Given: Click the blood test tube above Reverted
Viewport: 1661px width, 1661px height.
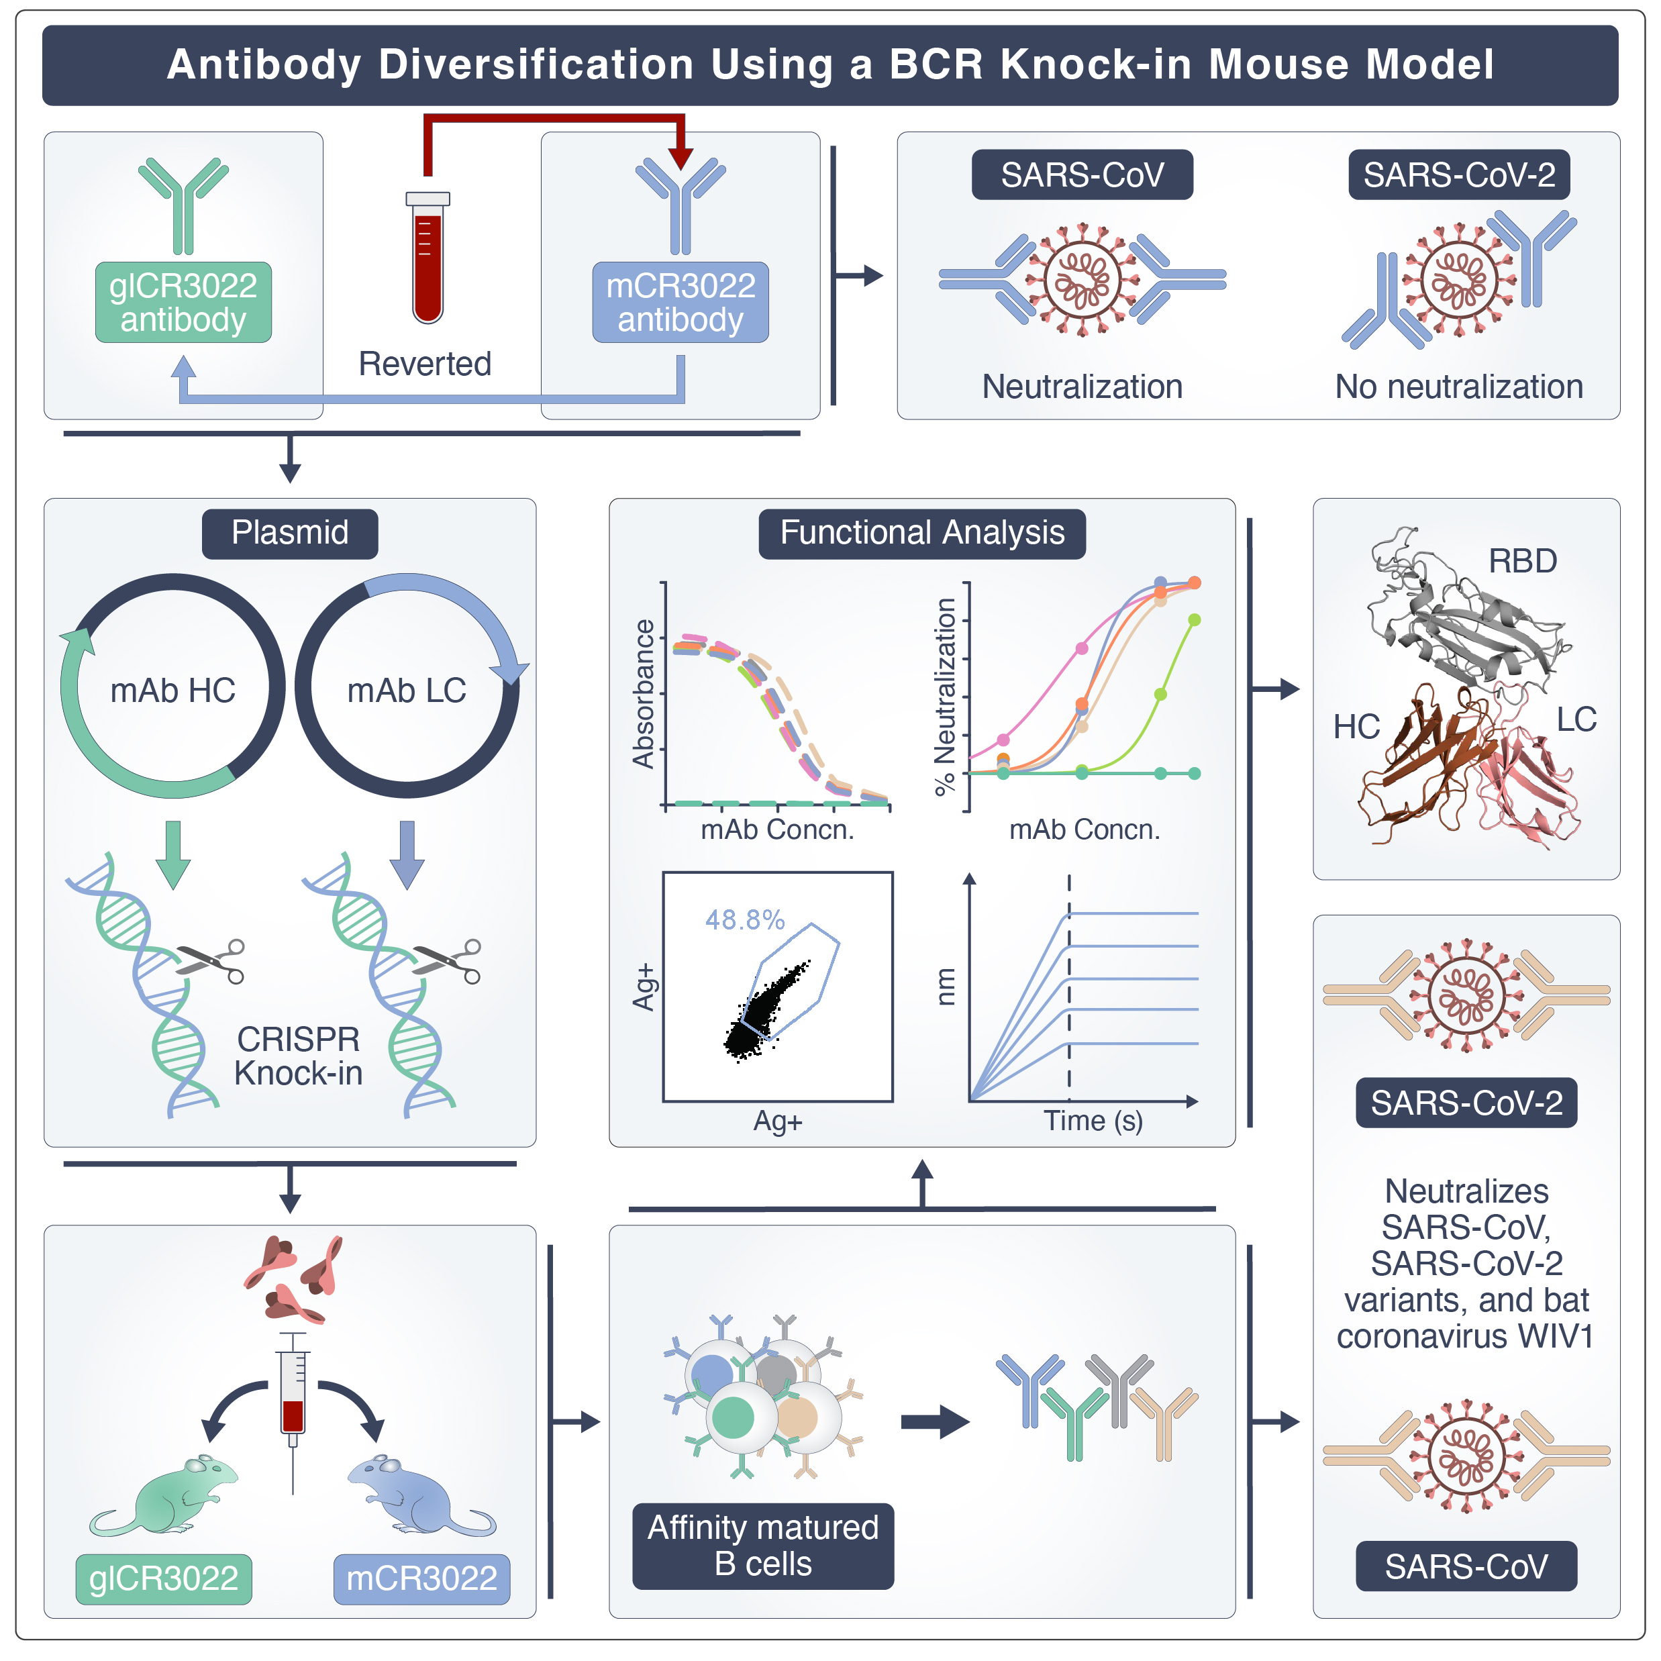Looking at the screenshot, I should pyautogui.click(x=427, y=258).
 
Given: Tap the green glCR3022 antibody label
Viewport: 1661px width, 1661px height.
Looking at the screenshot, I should pyautogui.click(x=183, y=302).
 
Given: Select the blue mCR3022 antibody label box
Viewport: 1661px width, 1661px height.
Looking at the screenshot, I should pyautogui.click(x=680, y=302).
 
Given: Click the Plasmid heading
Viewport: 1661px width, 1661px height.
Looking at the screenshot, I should pyautogui.click(x=290, y=533).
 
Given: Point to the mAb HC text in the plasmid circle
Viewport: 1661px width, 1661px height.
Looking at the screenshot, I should pyautogui.click(x=172, y=691).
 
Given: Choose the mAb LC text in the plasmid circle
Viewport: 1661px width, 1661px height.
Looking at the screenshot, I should pyautogui.click(x=407, y=691).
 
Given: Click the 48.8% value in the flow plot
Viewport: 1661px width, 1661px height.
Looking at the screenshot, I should pyautogui.click(x=744, y=920).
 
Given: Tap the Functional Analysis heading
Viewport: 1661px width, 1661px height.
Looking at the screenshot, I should pyautogui.click(x=921, y=533).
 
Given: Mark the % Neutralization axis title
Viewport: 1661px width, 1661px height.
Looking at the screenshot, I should pyautogui.click(x=945, y=697).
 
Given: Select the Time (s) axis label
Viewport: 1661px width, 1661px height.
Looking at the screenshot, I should pyautogui.click(x=1093, y=1120).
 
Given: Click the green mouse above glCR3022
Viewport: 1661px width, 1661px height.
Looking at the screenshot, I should pyautogui.click(x=168, y=1496).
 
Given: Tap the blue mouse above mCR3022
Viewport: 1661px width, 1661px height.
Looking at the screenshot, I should pyautogui.click(x=417, y=1496).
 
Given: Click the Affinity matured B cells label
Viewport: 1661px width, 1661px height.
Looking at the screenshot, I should pyautogui.click(x=762, y=1546).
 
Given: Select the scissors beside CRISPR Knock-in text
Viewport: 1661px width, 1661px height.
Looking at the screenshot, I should pyautogui.click(x=211, y=960).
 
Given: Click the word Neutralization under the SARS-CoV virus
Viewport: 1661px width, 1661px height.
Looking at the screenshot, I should pyautogui.click(x=1082, y=387).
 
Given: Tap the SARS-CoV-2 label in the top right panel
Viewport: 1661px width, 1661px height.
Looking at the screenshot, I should pyautogui.click(x=1458, y=174).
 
